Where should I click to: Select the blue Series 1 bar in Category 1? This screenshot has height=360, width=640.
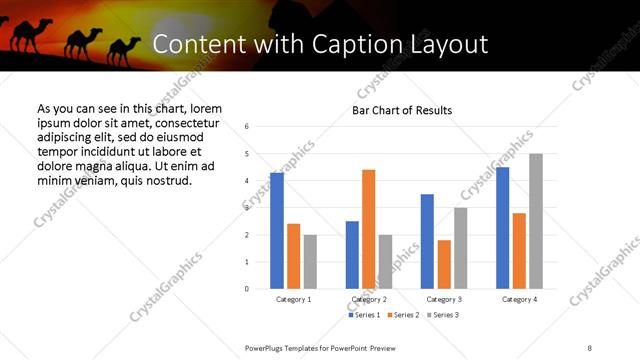[277, 230]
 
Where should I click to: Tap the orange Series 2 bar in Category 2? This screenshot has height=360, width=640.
[368, 229]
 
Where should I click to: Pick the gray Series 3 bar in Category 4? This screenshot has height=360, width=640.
[536, 221]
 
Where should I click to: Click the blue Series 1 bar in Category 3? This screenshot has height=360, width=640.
[427, 241]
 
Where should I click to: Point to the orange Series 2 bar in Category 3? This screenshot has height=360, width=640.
[444, 264]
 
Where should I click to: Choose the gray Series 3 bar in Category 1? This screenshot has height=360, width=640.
[310, 262]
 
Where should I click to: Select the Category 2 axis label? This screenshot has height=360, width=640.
[368, 299]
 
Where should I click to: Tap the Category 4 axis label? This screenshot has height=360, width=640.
[518, 299]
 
